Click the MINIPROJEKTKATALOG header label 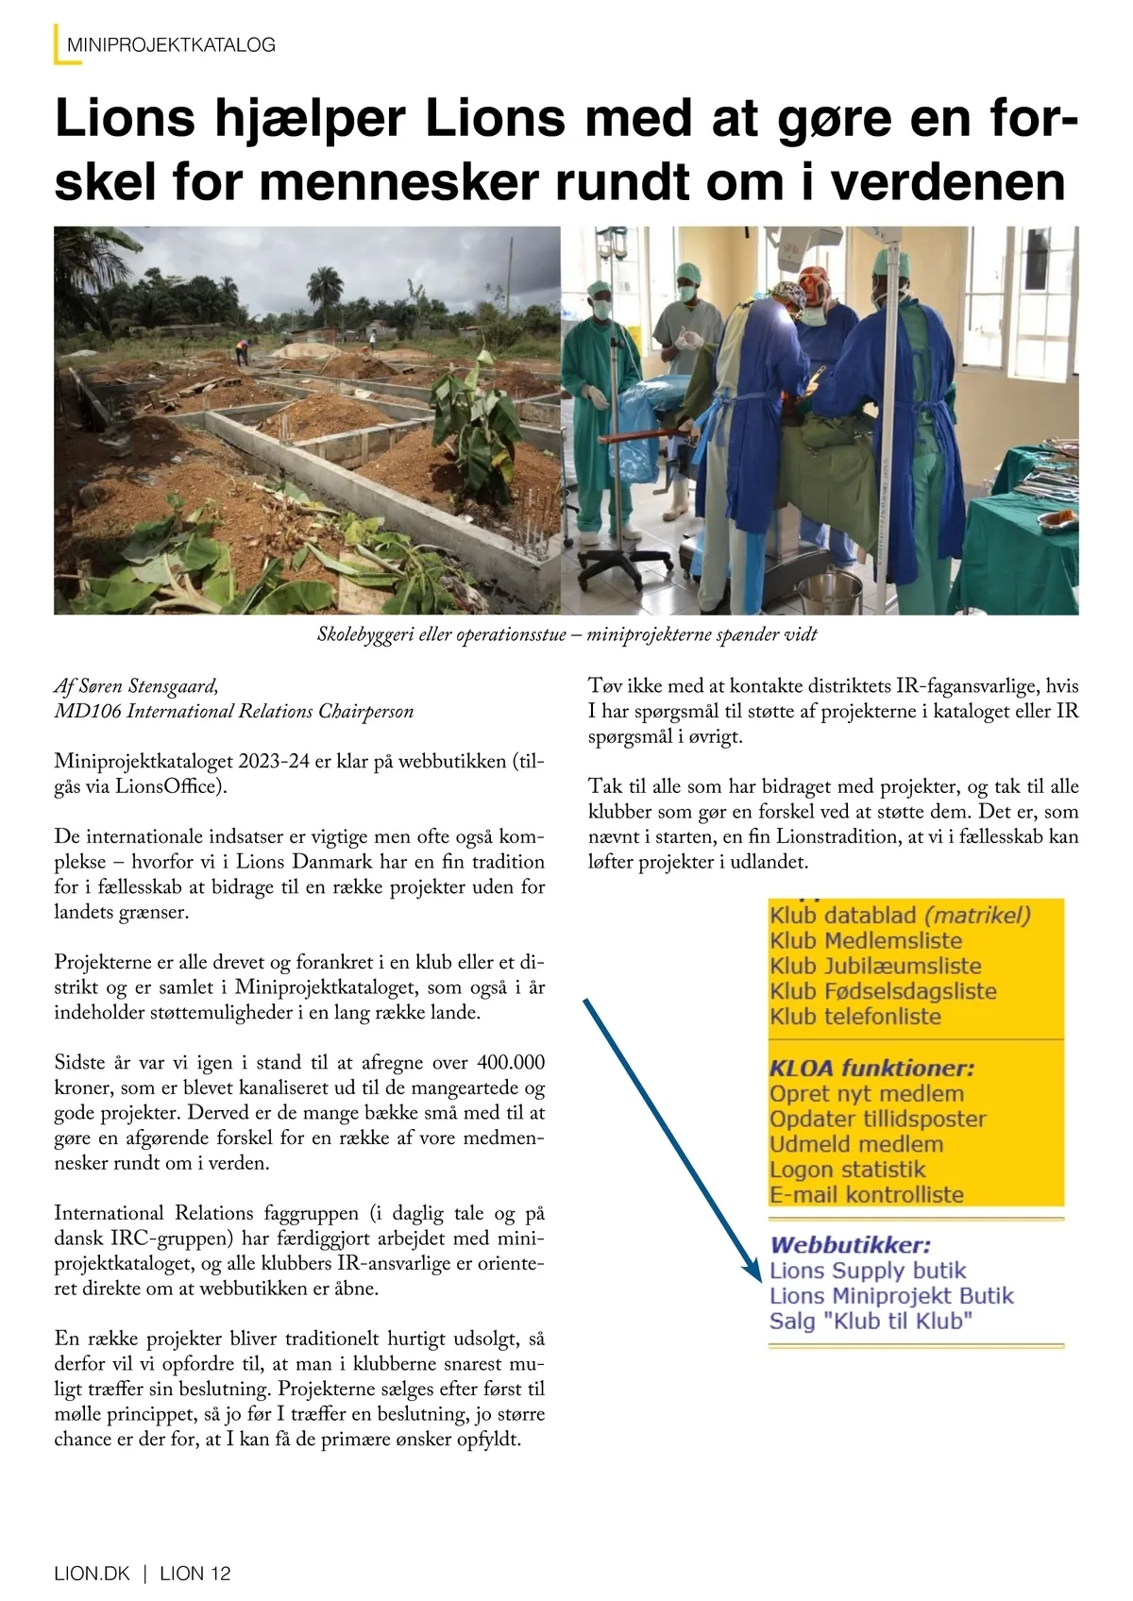pyautogui.click(x=171, y=44)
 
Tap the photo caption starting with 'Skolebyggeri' pyautogui.click(x=566, y=634)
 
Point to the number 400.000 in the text pyautogui.click(x=511, y=1063)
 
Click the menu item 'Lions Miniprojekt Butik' pyautogui.click(x=890, y=1296)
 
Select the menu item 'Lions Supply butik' pyautogui.click(x=868, y=1271)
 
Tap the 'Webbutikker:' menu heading pyautogui.click(x=850, y=1245)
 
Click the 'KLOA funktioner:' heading pyautogui.click(x=871, y=1068)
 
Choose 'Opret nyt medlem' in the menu pyautogui.click(x=867, y=1094)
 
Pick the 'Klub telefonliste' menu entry pyautogui.click(x=855, y=1017)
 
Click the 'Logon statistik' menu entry pyautogui.click(x=847, y=1170)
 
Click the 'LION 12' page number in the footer pyautogui.click(x=195, y=1574)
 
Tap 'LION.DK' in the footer pyautogui.click(x=92, y=1574)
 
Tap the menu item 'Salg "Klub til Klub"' pyautogui.click(x=871, y=1322)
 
